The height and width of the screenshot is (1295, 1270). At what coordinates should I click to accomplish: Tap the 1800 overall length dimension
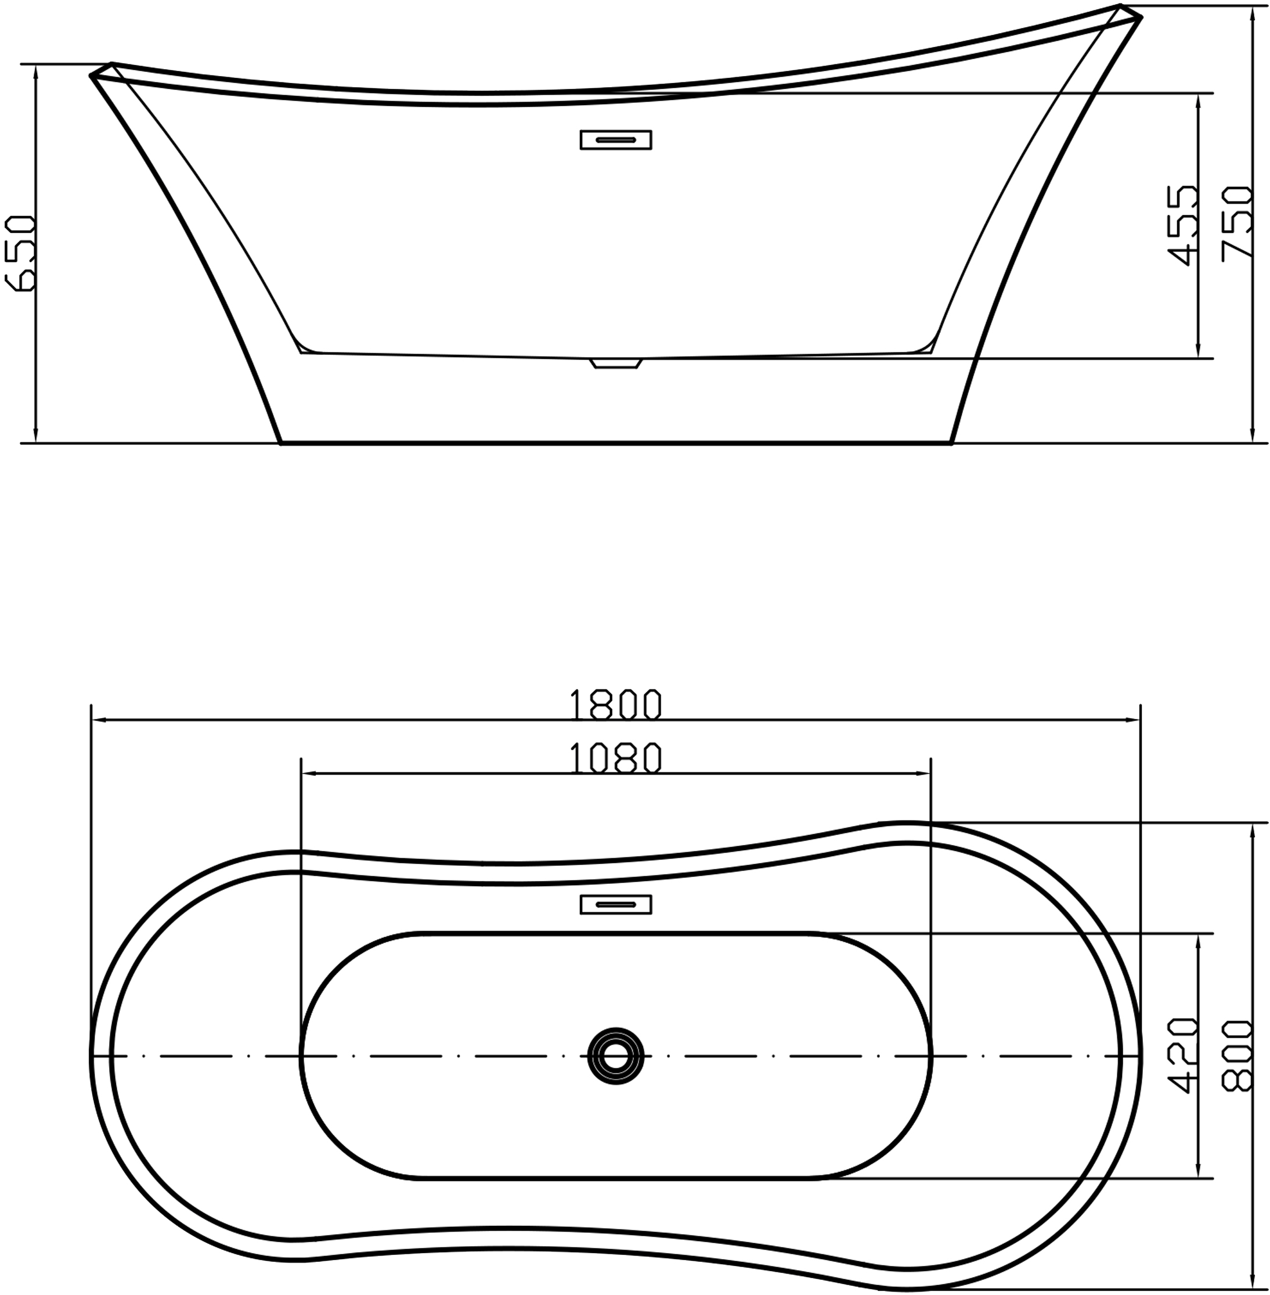click(x=615, y=704)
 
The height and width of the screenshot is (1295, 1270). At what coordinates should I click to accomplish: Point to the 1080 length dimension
click(x=615, y=758)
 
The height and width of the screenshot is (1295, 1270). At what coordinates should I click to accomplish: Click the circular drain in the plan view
click(x=616, y=1056)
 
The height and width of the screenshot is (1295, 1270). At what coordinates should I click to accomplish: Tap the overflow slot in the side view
click(x=615, y=139)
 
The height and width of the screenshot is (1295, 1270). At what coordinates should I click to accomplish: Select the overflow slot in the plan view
click(x=615, y=904)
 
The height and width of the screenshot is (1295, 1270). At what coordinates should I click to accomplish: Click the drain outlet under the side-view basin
click(x=615, y=363)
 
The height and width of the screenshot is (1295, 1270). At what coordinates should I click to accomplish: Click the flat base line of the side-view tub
click(x=615, y=442)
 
